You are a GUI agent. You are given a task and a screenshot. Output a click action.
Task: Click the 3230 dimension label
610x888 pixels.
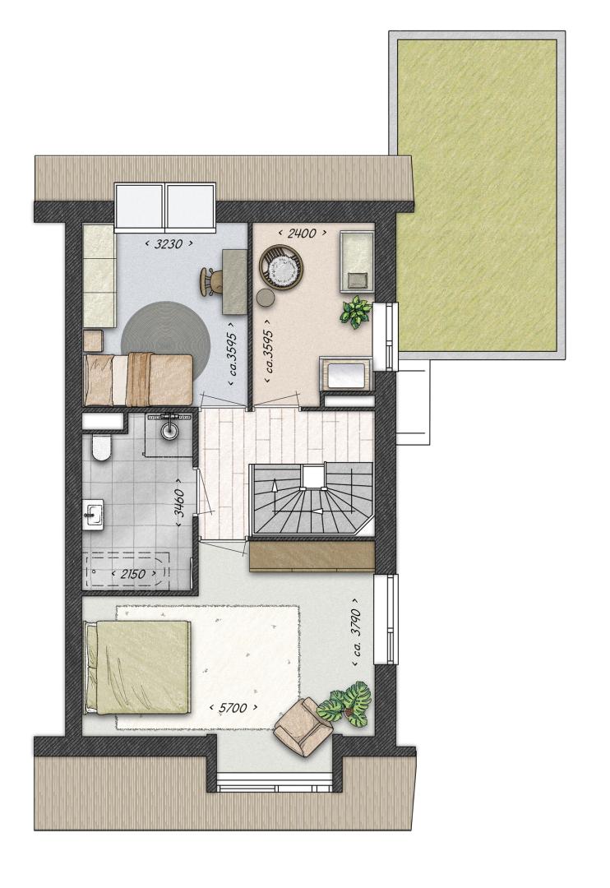pyautogui.click(x=169, y=244)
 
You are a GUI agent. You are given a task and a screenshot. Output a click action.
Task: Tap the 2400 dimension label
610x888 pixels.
pyautogui.click(x=302, y=233)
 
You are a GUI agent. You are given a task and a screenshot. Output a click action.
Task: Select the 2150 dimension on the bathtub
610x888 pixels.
pyautogui.click(x=132, y=574)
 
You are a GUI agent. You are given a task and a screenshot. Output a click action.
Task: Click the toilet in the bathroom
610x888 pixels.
pyautogui.click(x=102, y=447)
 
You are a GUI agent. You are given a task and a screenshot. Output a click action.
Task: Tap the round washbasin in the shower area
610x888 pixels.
pyautogui.click(x=169, y=430)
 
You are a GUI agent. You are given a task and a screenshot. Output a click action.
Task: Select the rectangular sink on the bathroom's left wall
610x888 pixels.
pyautogui.click(x=93, y=515)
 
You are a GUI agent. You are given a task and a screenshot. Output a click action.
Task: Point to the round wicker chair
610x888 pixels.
pyautogui.click(x=281, y=267)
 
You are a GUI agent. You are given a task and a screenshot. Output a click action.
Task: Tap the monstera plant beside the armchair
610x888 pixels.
pyautogui.click(x=346, y=705)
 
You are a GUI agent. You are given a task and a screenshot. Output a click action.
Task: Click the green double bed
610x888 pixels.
pyautogui.click(x=136, y=668)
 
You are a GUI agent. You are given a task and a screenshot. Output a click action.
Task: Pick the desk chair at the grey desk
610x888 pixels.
pyautogui.click(x=210, y=281)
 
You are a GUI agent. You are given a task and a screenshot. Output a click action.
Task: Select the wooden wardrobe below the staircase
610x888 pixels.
pyautogui.click(x=312, y=556)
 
